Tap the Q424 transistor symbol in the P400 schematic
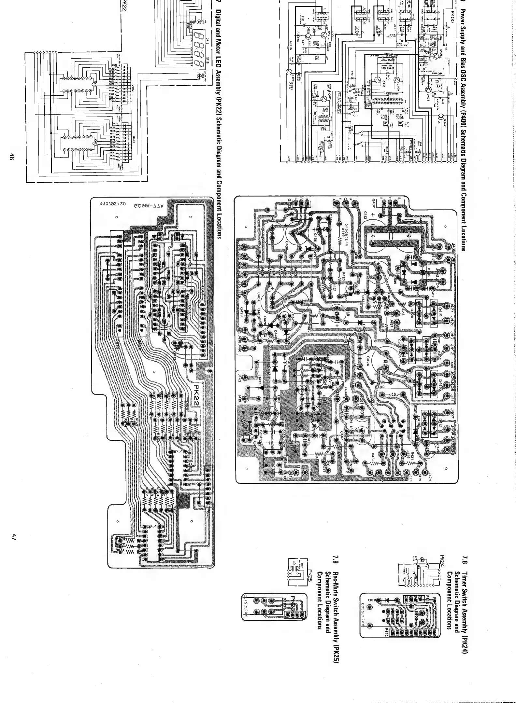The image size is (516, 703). (x=289, y=72)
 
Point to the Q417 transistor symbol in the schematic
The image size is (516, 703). (x=324, y=99)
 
